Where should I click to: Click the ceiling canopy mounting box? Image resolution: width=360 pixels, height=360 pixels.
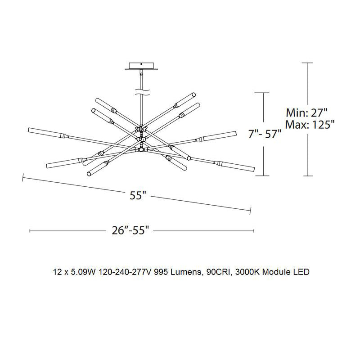tap(141, 66)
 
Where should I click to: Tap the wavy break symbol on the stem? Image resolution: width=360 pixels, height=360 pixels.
tap(142, 92)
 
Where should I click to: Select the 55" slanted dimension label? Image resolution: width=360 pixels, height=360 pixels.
tap(138, 196)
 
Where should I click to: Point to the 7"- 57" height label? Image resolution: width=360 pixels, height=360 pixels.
tap(265, 134)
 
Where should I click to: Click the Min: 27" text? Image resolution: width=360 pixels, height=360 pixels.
tap(306, 113)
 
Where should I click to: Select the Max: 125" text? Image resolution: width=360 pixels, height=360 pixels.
tap(310, 125)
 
